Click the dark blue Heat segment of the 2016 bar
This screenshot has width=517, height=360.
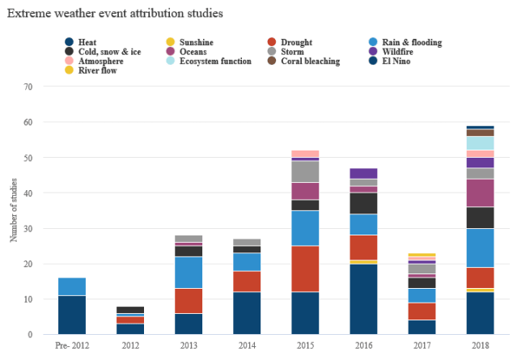pyautogui.click(x=363, y=299)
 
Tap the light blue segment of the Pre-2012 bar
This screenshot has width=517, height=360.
pyautogui.click(x=71, y=286)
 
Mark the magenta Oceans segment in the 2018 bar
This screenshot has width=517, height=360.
pyautogui.click(x=480, y=193)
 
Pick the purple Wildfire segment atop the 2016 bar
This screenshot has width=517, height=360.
pyautogui.click(x=363, y=173)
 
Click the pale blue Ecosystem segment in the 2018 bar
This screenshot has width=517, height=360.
pyautogui.click(x=480, y=143)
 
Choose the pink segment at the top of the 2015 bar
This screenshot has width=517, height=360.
pyautogui.click(x=305, y=154)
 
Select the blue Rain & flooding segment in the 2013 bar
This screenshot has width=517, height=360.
pyautogui.click(x=189, y=273)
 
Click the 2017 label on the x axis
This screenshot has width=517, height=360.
pyautogui.click(x=421, y=345)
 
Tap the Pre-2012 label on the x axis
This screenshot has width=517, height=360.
pyautogui.click(x=71, y=345)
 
